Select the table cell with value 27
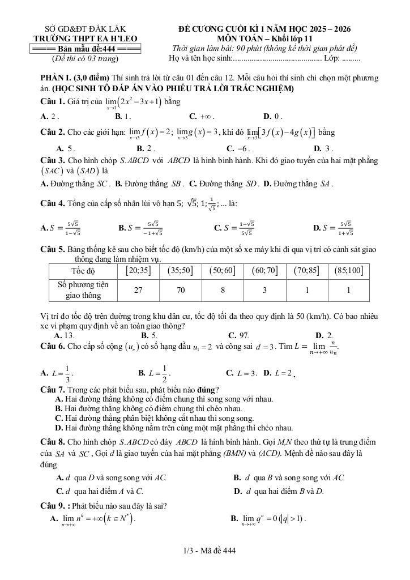[x=138, y=290]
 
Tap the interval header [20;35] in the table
[x=138, y=271]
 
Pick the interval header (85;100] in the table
[x=349, y=271]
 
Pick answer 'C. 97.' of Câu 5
[x=238, y=335]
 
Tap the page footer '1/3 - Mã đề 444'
[x=205, y=551]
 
